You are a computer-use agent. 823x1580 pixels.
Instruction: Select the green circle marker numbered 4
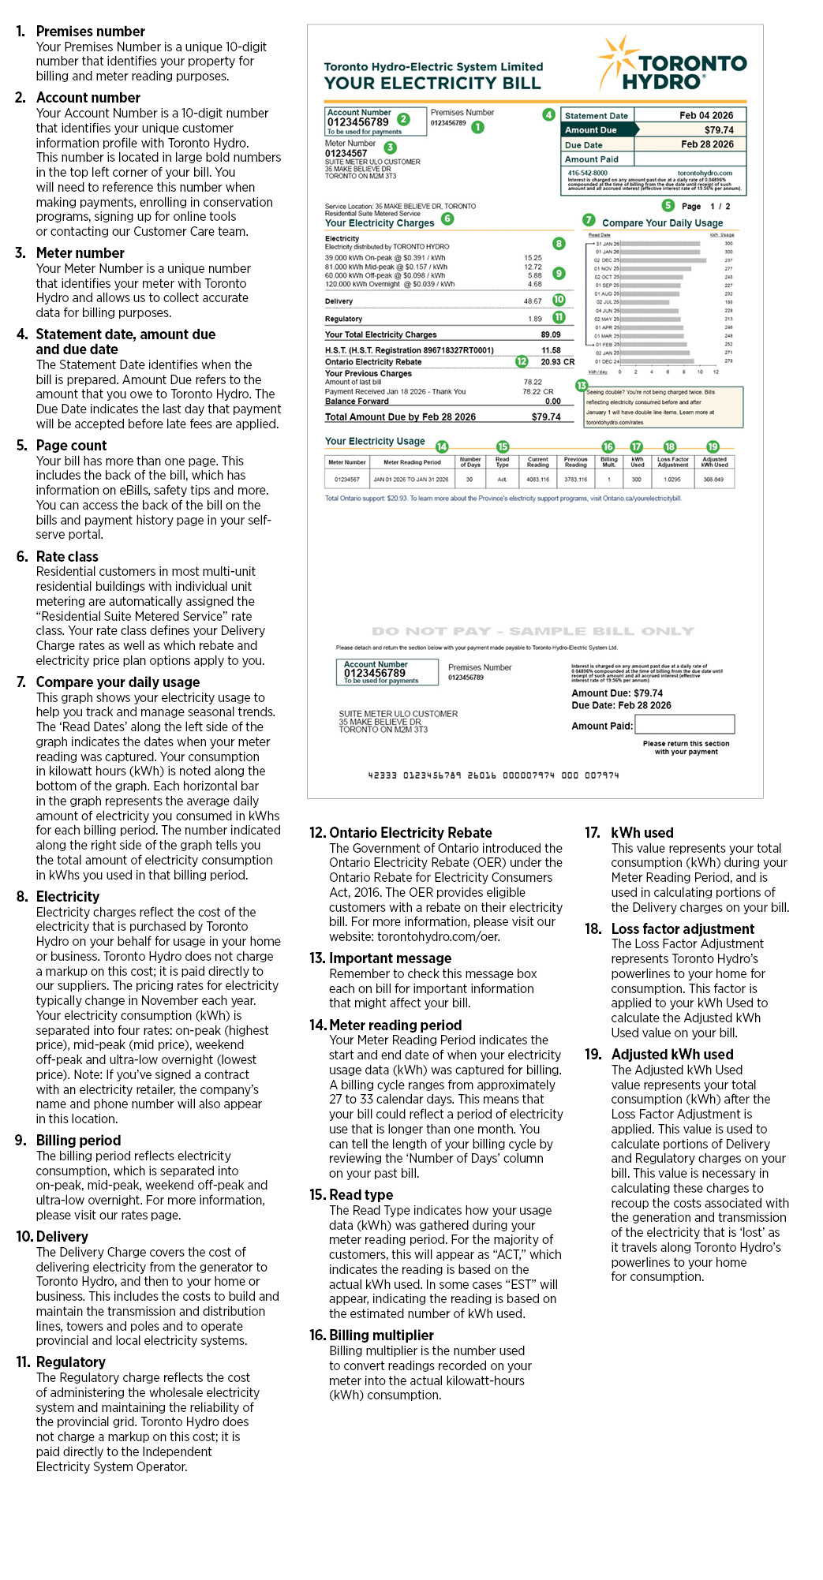click(x=548, y=114)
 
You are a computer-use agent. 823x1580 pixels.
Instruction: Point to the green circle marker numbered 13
click(x=582, y=385)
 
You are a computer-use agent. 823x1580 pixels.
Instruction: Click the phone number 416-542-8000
click(x=588, y=173)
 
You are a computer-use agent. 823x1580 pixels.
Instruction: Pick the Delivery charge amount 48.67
click(x=533, y=301)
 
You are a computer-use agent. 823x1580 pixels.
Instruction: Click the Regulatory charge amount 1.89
click(x=535, y=319)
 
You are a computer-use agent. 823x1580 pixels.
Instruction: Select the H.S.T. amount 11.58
click(x=551, y=350)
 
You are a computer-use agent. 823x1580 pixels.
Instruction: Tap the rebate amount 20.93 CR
click(x=557, y=362)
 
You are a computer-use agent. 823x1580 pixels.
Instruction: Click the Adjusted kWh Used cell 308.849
click(x=713, y=479)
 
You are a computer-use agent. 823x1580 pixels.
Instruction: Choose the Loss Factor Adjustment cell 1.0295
click(x=671, y=479)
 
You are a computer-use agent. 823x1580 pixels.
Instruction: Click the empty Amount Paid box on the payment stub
click(x=684, y=724)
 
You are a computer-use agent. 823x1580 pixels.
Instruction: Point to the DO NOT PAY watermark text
click(x=533, y=631)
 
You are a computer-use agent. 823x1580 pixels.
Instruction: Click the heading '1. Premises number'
click(x=90, y=32)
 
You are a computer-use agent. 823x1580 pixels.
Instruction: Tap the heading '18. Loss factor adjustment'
click(x=683, y=928)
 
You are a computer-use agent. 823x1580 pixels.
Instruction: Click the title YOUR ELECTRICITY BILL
click(x=432, y=84)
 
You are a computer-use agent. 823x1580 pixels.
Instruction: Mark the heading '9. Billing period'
click(x=78, y=1140)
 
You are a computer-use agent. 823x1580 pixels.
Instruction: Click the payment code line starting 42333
click(x=493, y=775)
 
